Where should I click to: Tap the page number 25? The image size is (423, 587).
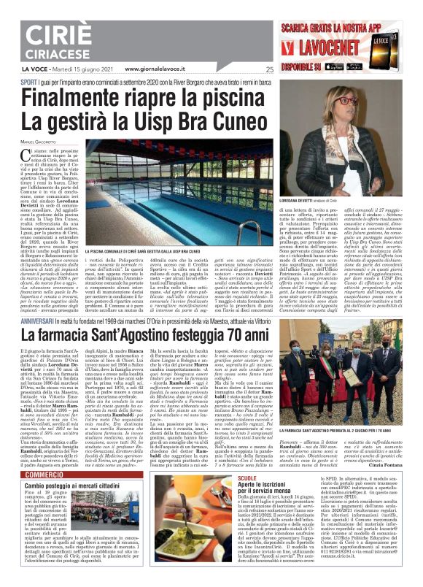[270, 69]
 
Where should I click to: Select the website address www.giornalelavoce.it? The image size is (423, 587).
[159, 69]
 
